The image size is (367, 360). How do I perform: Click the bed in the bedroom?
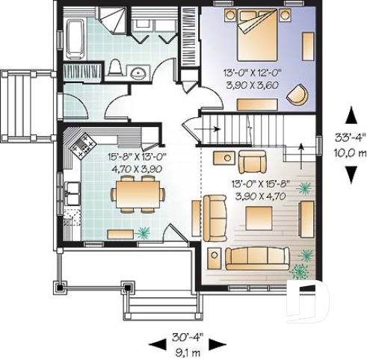[x=259, y=38]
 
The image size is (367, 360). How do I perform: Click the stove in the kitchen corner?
[x=81, y=145]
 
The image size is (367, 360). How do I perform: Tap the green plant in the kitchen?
[x=143, y=233]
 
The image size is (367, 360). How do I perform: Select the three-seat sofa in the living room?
[x=256, y=257]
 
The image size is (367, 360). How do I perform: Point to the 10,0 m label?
[x=349, y=152]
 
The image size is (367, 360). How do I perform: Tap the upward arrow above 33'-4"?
[x=350, y=117]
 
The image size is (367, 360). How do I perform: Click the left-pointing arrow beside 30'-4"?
[x=157, y=344]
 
